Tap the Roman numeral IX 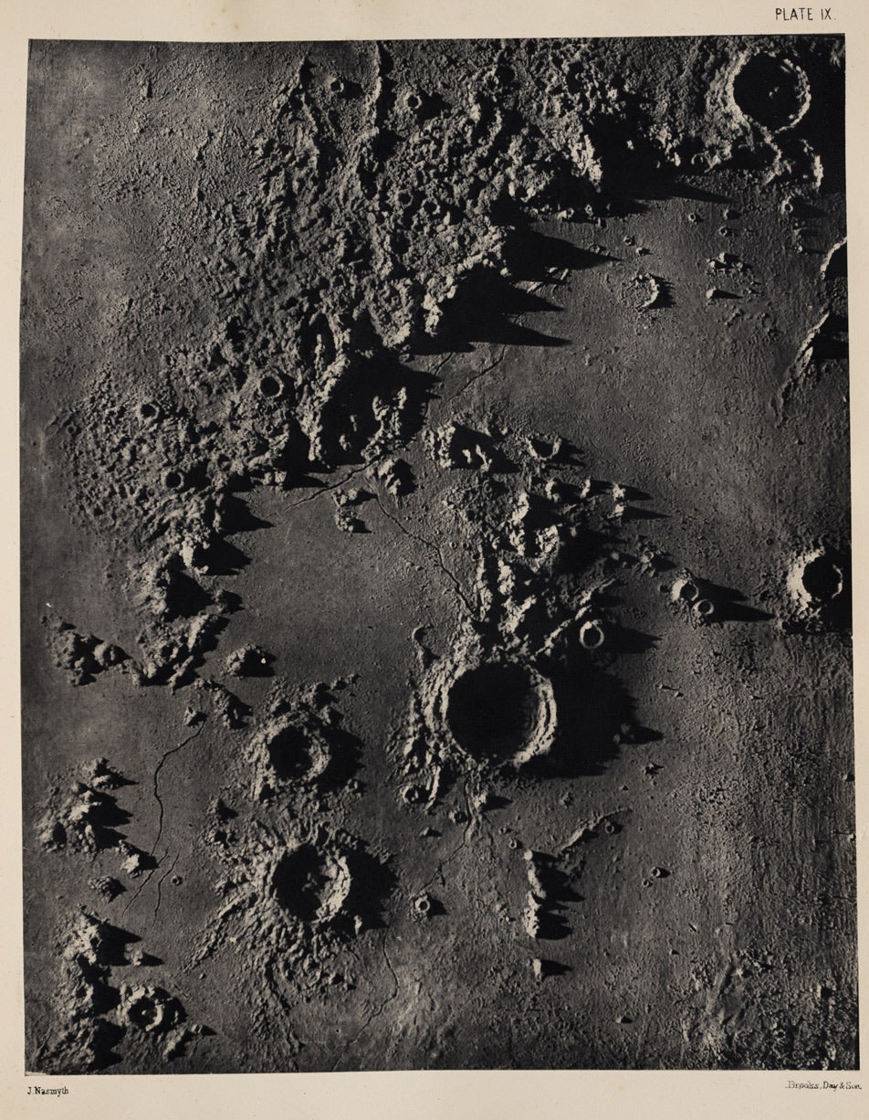click(825, 14)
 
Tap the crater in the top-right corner click(770, 89)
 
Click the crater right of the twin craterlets click(820, 577)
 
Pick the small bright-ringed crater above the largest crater click(592, 633)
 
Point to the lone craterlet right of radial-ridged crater click(423, 904)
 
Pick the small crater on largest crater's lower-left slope click(414, 793)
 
